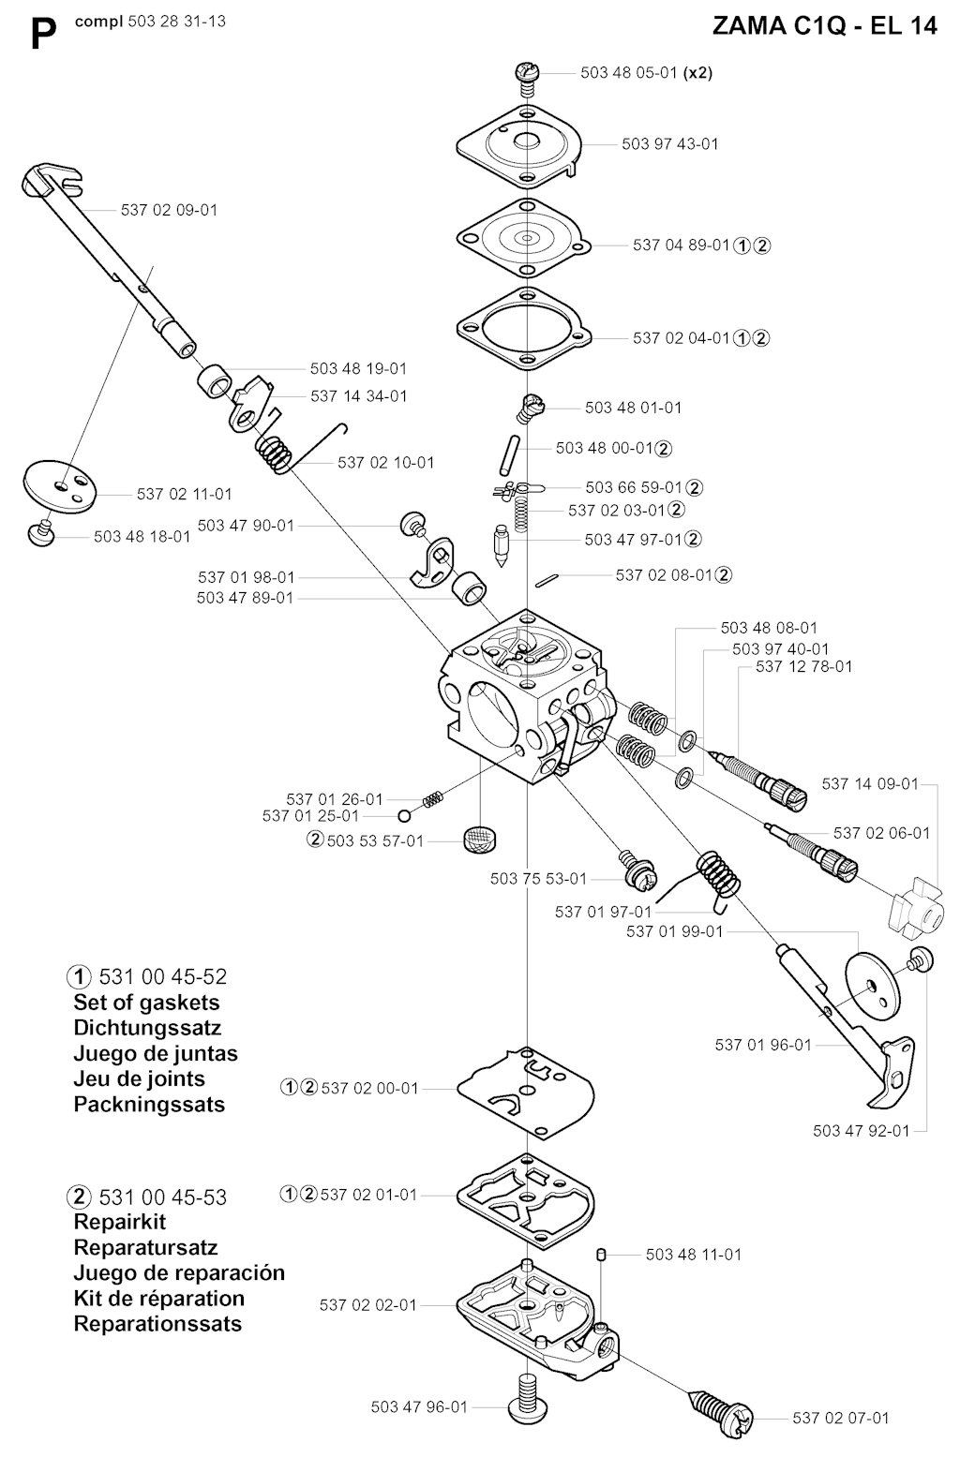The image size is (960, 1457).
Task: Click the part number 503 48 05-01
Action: point(628,72)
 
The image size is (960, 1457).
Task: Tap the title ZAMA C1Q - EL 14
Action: point(824,25)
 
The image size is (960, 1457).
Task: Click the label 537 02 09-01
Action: point(169,210)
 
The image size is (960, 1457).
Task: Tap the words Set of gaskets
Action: point(146,1003)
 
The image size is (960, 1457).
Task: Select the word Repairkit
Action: point(119,1222)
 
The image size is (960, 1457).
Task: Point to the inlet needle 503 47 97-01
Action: point(502,548)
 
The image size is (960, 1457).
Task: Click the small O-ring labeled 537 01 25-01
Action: point(404,814)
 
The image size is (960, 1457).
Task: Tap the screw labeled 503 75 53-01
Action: point(631,869)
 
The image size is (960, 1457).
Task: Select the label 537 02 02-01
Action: point(367,1304)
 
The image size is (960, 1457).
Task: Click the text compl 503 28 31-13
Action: point(148,22)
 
